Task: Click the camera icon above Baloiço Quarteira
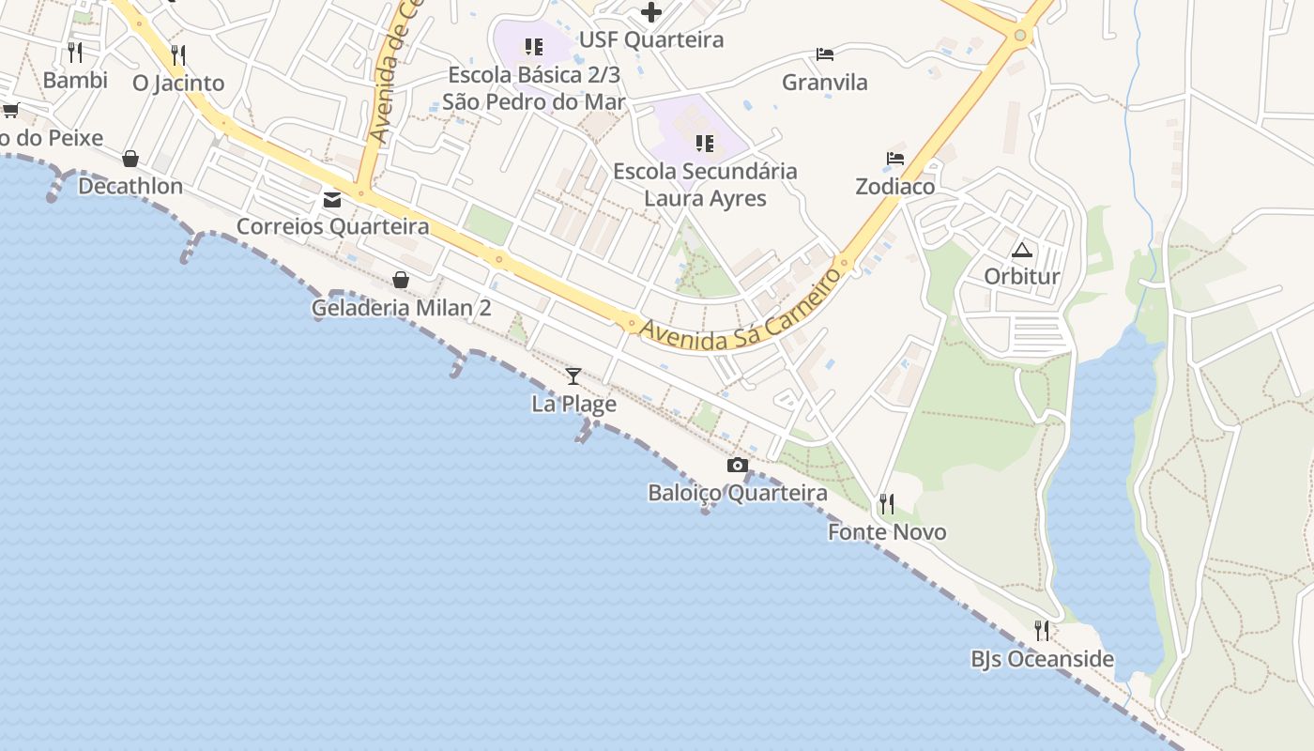click(x=738, y=465)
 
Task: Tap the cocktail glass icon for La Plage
click(x=573, y=376)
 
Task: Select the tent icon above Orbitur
click(x=1021, y=250)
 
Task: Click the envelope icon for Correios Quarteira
click(x=332, y=199)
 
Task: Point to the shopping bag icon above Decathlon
click(x=130, y=159)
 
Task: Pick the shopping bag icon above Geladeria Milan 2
click(x=401, y=280)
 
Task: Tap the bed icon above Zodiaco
click(x=895, y=159)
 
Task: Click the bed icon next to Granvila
click(x=825, y=54)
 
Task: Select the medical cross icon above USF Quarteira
click(x=650, y=12)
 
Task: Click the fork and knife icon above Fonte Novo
click(x=886, y=504)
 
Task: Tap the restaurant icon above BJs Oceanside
click(x=1042, y=630)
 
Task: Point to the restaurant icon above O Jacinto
click(x=178, y=54)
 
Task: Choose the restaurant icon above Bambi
click(x=75, y=52)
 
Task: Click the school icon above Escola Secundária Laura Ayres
click(x=704, y=144)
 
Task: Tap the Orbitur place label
click(x=1021, y=277)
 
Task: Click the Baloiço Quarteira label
click(x=738, y=493)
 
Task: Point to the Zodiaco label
click(x=895, y=187)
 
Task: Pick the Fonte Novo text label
click(x=886, y=532)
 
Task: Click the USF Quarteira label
click(x=650, y=40)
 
